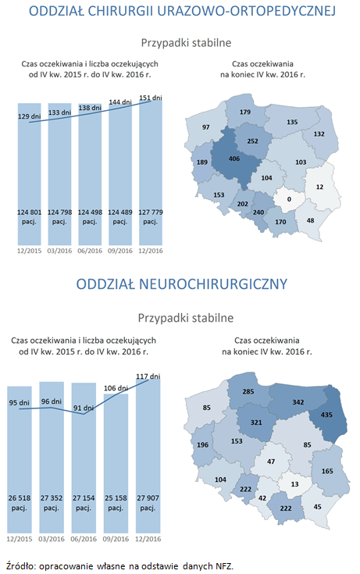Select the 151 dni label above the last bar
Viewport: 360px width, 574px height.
[x=150, y=98]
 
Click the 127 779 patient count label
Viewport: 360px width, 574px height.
[x=150, y=212]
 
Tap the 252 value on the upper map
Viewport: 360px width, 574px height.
[x=251, y=141]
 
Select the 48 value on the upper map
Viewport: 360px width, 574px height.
[x=311, y=221]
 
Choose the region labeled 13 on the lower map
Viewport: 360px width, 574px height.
[x=294, y=484]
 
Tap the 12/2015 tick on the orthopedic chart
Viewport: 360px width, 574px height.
[x=29, y=250]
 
